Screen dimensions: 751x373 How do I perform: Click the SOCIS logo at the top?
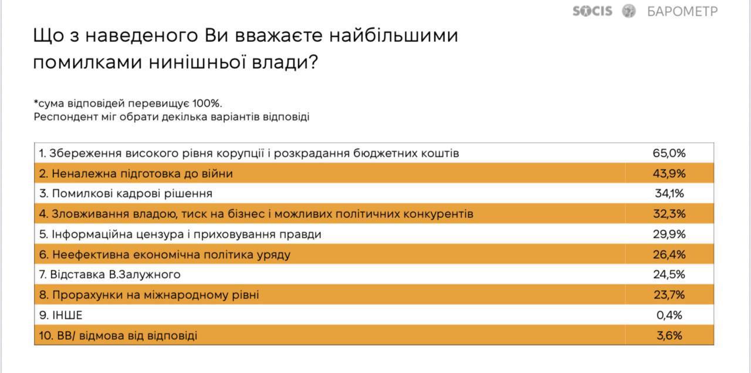pyautogui.click(x=592, y=11)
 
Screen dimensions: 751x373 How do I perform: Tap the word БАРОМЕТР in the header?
pyautogui.click(x=682, y=11)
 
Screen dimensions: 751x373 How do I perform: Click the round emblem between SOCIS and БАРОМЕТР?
pyautogui.click(x=628, y=11)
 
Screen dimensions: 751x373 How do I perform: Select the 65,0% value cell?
pyautogui.click(x=669, y=153)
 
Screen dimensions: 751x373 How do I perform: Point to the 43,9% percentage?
pyautogui.click(x=669, y=173)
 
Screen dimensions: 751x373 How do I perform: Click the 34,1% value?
pyautogui.click(x=669, y=193)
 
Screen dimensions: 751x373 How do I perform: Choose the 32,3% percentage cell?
pyautogui.click(x=669, y=214)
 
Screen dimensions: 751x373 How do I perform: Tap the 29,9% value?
pyautogui.click(x=669, y=234)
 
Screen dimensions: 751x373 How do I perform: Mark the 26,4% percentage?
pyautogui.click(x=669, y=254)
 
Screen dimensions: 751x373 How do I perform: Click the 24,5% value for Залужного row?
pyautogui.click(x=669, y=275)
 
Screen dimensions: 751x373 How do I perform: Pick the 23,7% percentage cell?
pyautogui.click(x=669, y=295)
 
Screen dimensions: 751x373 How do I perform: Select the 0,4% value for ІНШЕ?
pyautogui.click(x=669, y=315)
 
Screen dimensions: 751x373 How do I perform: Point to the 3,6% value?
pyautogui.click(x=669, y=335)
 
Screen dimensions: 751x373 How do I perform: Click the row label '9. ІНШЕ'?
pyautogui.click(x=60, y=315)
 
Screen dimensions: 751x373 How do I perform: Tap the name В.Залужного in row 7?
pyautogui.click(x=144, y=275)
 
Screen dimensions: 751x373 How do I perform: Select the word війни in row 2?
pyautogui.click(x=217, y=173)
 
